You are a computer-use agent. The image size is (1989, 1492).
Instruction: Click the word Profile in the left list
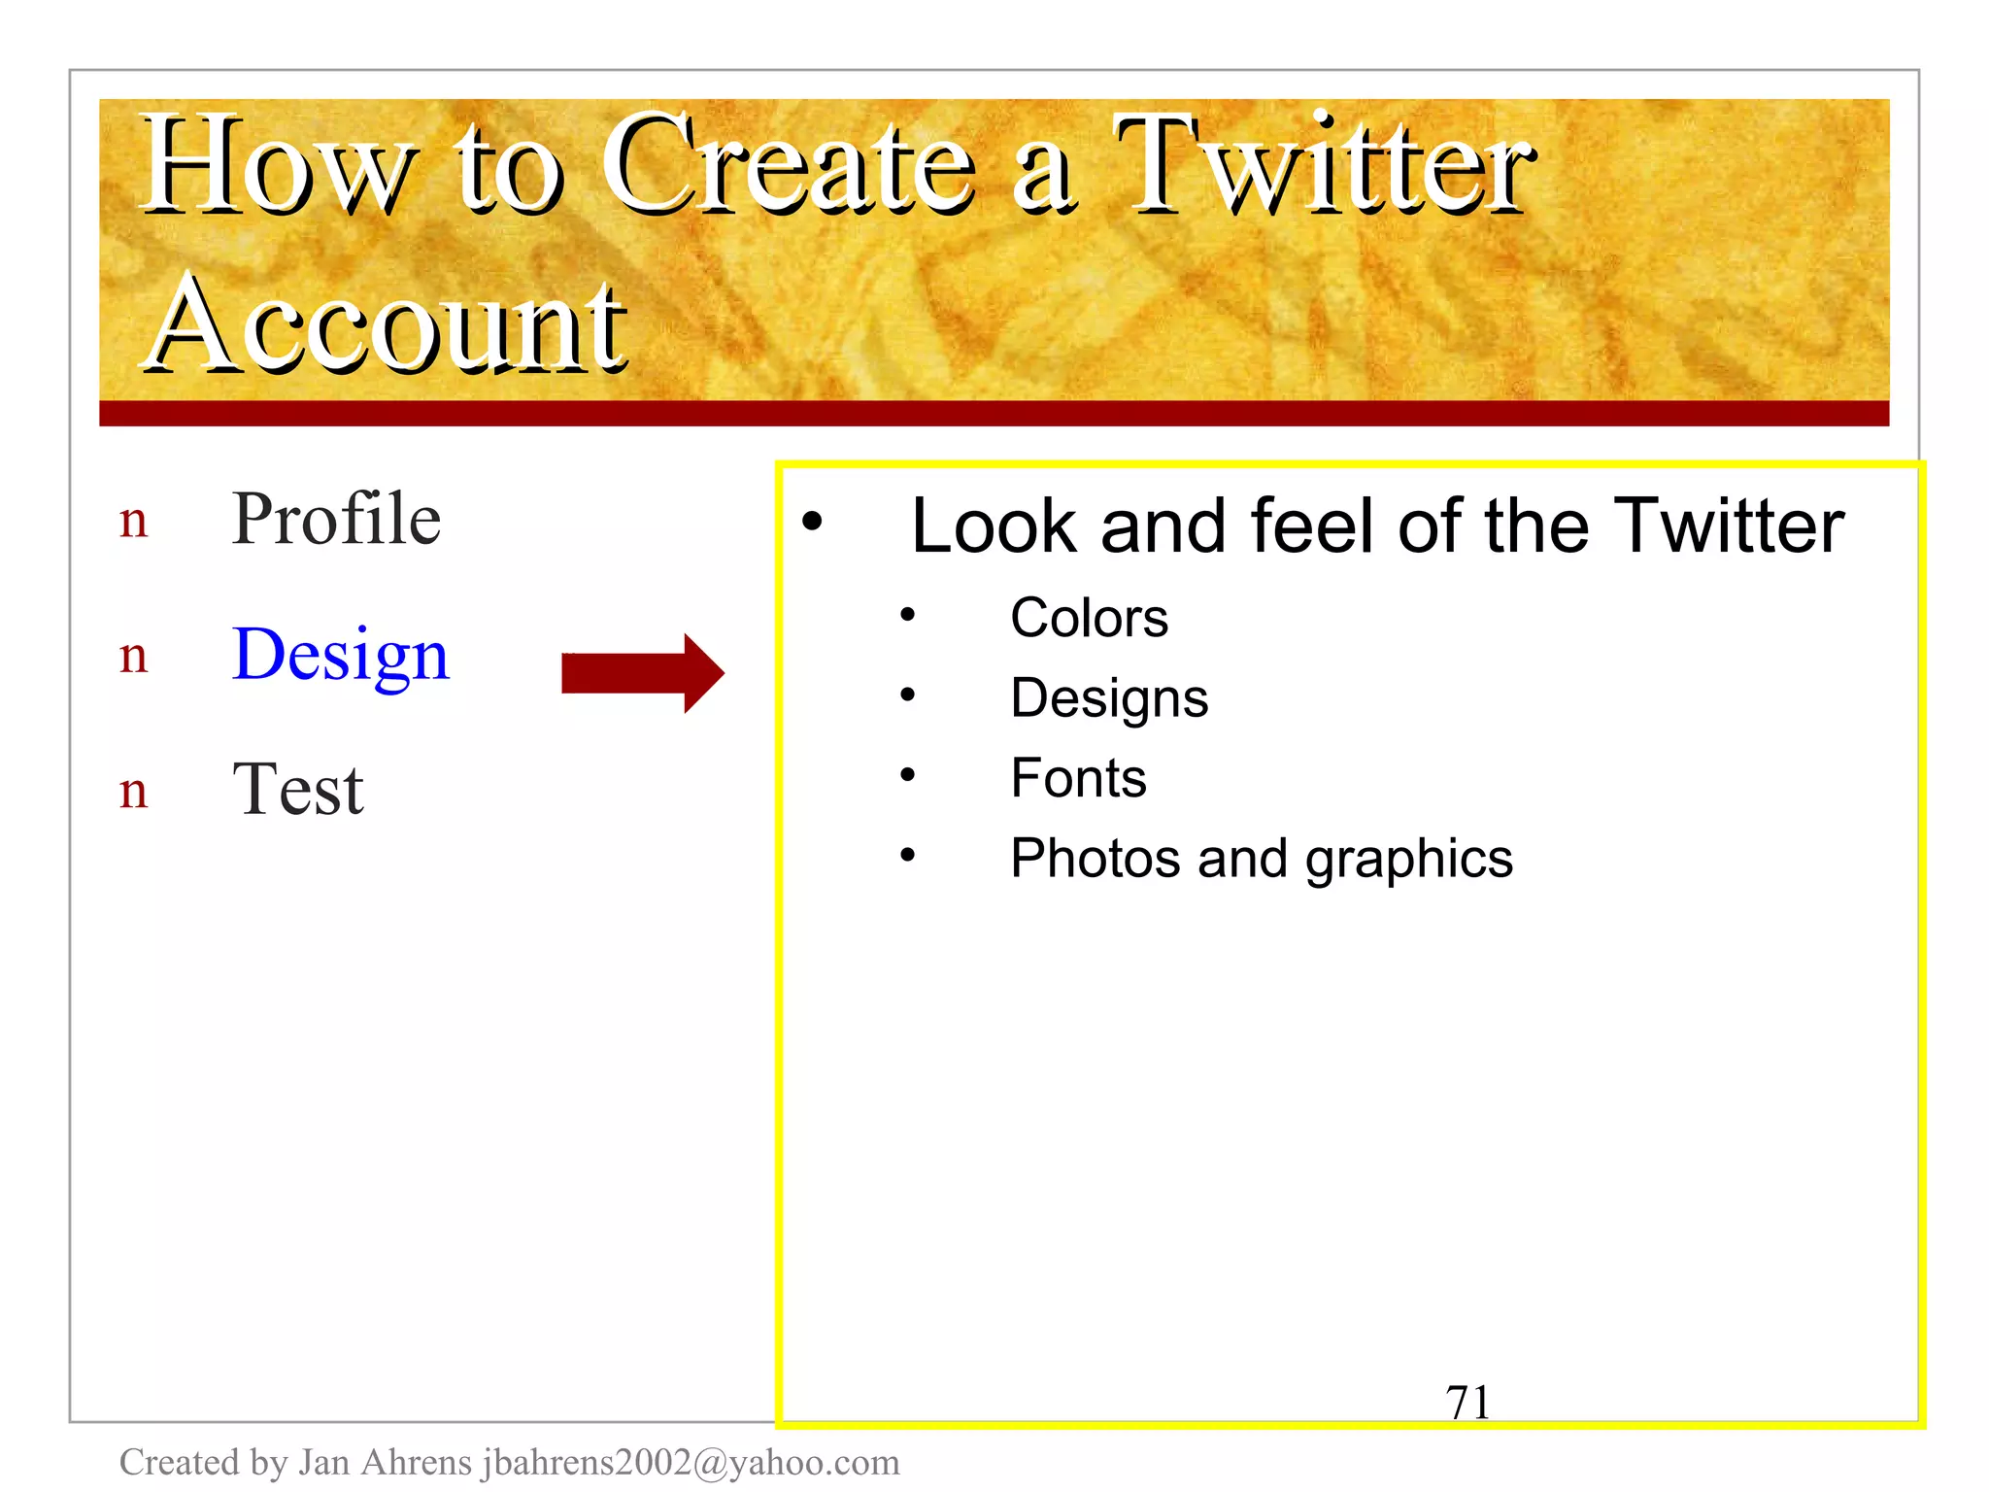coord(336,519)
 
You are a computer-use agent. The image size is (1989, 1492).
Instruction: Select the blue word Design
coord(341,655)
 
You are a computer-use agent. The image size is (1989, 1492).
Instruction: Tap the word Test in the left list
coord(297,789)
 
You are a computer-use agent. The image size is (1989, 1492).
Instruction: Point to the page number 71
coord(1466,1402)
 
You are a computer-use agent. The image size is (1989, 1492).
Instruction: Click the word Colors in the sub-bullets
coord(1089,618)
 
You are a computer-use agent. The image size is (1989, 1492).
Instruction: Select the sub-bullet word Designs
coord(1109,698)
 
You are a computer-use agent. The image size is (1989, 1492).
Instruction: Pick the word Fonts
coord(1078,778)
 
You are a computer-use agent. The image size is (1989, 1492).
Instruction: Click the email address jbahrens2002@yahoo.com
coord(691,1462)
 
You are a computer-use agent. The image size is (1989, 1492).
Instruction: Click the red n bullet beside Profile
coord(134,522)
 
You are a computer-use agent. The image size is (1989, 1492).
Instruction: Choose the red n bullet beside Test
coord(134,792)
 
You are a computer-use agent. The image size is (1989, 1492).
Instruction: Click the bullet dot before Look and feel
coord(812,522)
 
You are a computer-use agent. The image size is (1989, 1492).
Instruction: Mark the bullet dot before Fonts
coord(907,775)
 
